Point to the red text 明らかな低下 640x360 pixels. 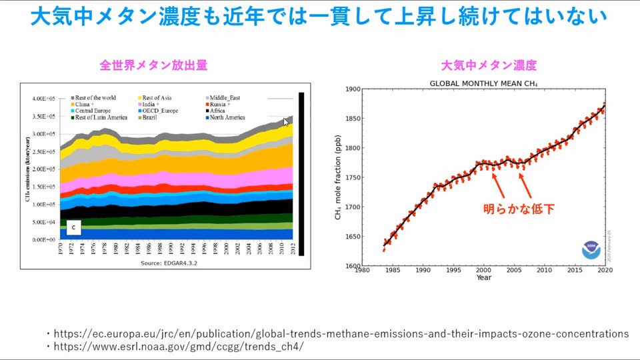point(519,209)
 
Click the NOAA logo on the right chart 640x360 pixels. point(591,251)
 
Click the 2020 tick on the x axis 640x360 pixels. point(605,270)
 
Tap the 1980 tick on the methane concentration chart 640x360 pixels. point(362,270)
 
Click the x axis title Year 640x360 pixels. point(484,277)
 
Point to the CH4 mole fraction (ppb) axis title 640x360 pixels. point(338,177)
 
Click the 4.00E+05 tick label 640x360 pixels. point(45,99)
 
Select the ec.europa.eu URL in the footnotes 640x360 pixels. point(340,333)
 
